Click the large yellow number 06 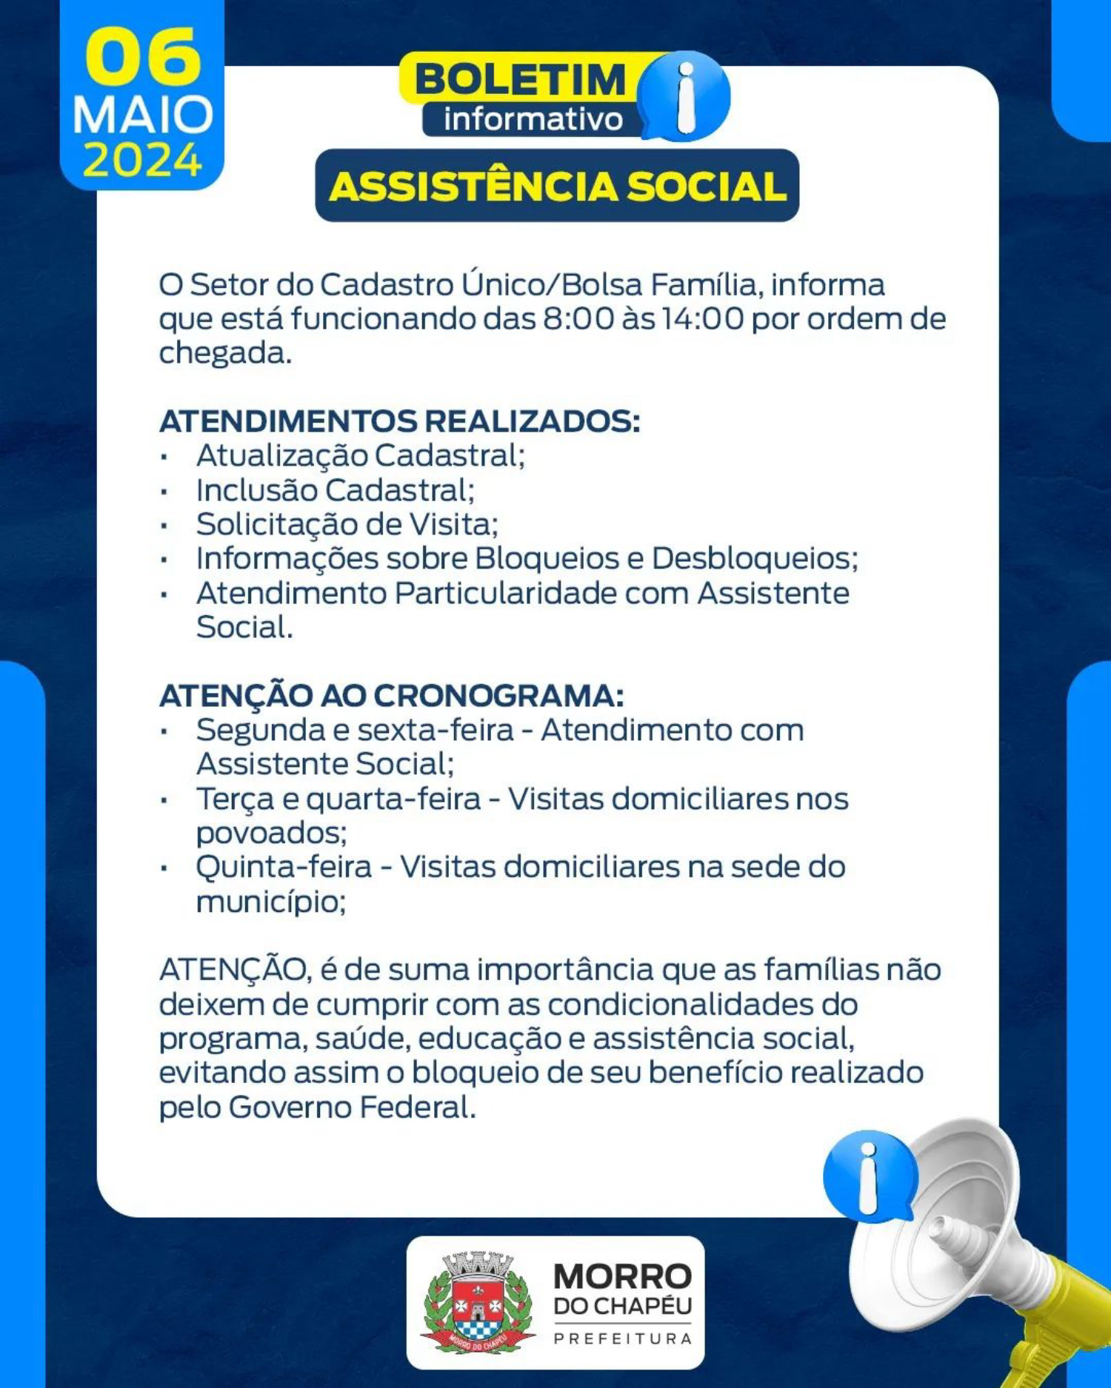click(142, 57)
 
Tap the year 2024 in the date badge click(142, 159)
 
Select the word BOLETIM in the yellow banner click(521, 79)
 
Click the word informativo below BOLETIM click(533, 119)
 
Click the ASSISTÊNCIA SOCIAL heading click(557, 186)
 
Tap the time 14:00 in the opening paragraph click(703, 319)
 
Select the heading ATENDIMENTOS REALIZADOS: click(400, 421)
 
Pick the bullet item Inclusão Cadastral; click(336, 490)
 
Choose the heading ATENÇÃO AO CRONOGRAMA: click(392, 696)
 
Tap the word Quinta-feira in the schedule click(284, 868)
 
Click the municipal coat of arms click(478, 1303)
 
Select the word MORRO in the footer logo click(623, 1277)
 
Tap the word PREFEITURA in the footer click(623, 1338)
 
